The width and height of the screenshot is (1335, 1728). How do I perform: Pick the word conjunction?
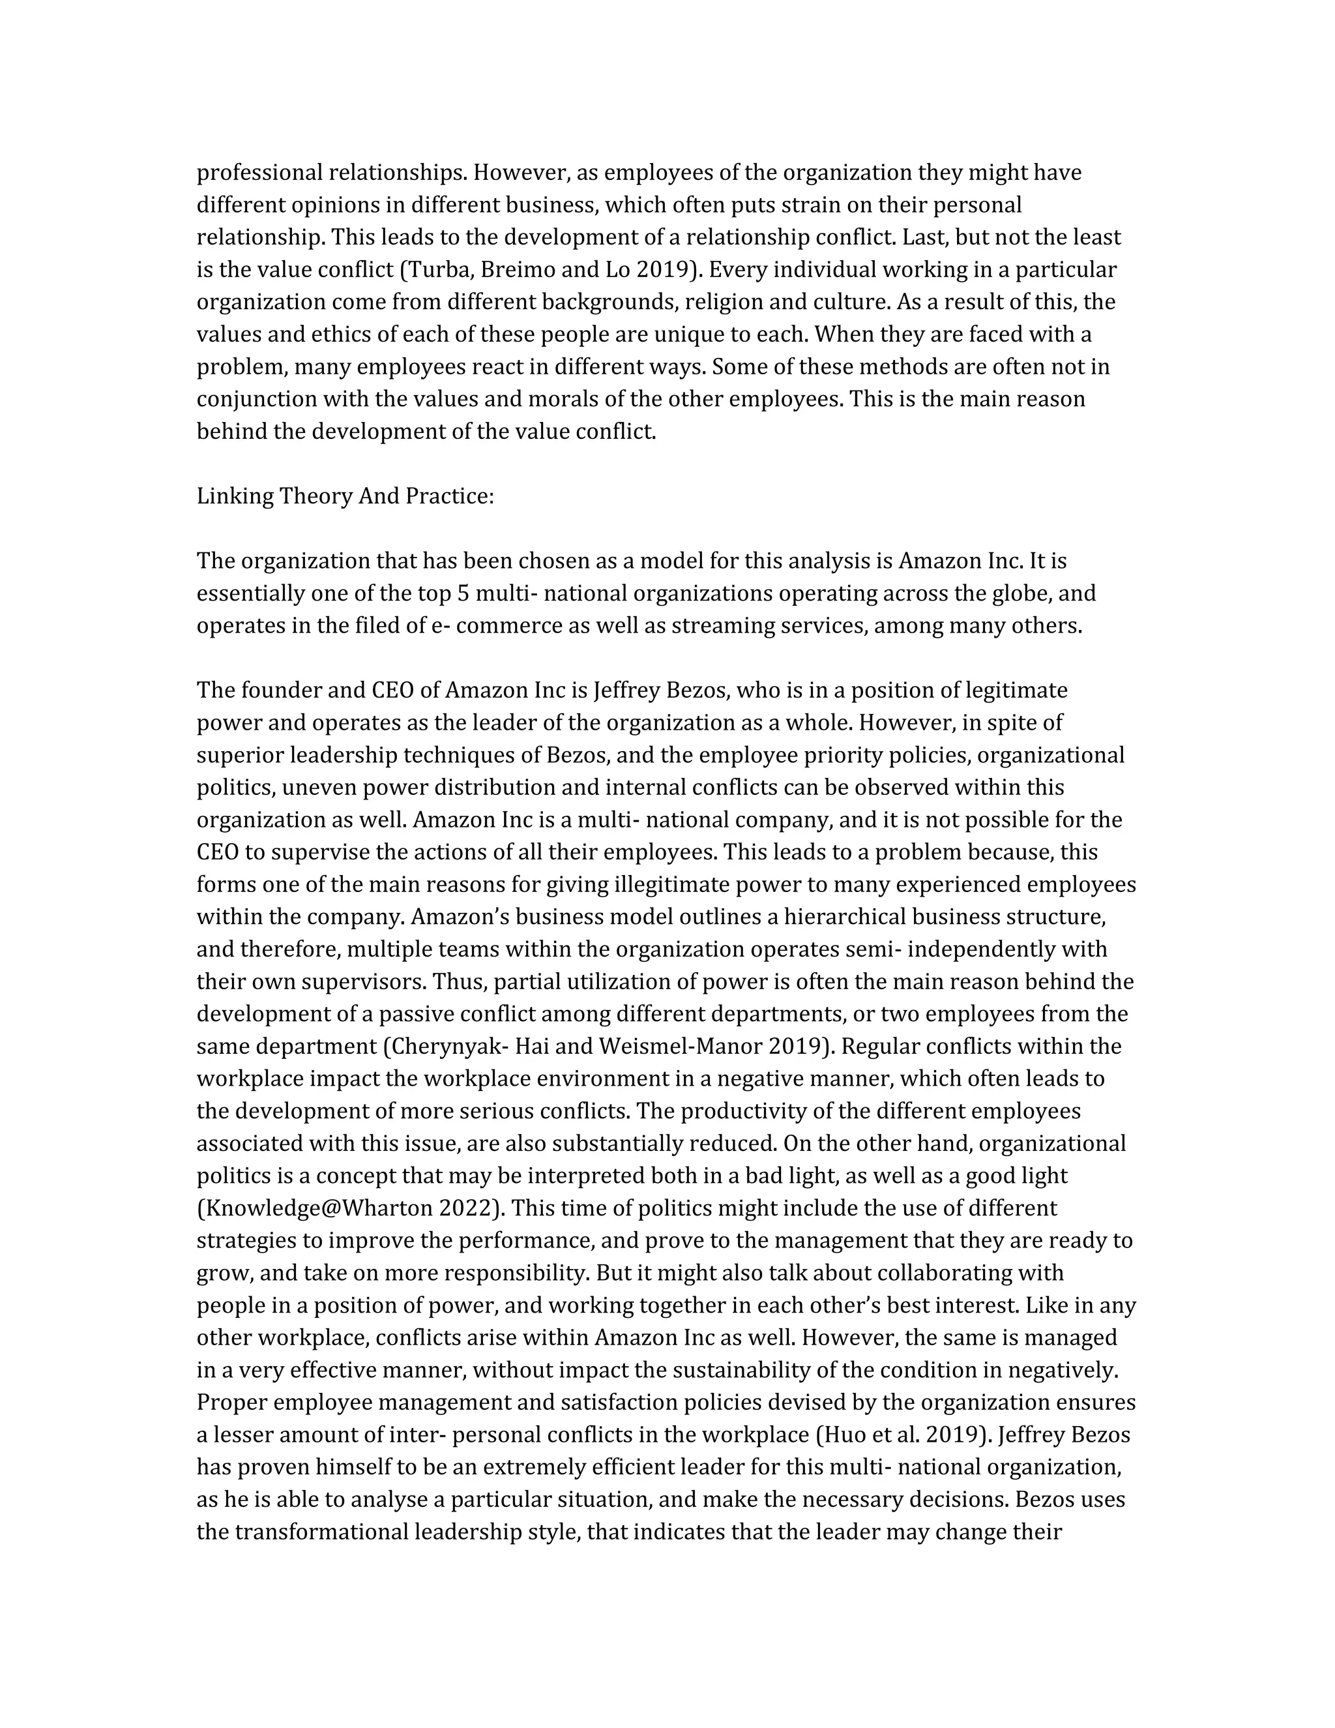click(x=256, y=400)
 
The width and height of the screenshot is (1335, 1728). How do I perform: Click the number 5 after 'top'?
click(x=463, y=593)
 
